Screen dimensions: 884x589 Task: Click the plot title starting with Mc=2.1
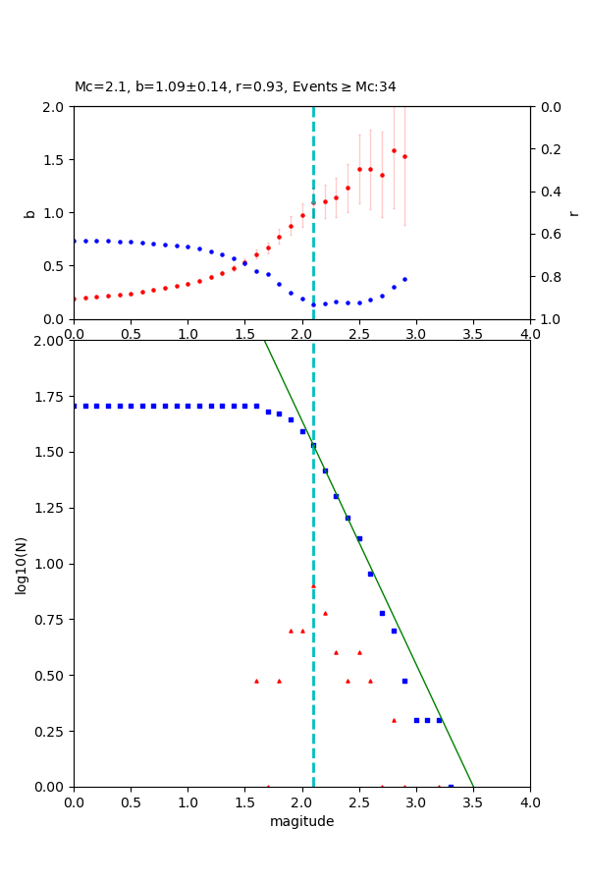click(236, 87)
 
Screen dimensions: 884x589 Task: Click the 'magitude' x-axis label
click(301, 821)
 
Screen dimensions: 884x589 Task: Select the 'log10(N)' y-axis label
click(22, 564)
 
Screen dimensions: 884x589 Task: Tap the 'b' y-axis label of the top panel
click(29, 213)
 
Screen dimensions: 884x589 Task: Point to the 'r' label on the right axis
click(574, 213)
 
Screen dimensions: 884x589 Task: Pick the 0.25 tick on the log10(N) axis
click(52, 731)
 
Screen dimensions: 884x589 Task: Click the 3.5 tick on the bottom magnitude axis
click(473, 801)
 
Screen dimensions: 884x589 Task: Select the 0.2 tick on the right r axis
click(545, 149)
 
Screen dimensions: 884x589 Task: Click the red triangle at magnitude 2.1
click(313, 586)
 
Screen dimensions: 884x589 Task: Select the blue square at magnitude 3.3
click(451, 786)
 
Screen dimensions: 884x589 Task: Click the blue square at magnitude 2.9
click(404, 680)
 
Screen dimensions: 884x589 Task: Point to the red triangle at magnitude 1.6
click(256, 681)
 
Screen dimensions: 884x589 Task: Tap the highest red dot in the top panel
click(394, 150)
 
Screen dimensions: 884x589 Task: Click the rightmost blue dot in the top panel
click(404, 279)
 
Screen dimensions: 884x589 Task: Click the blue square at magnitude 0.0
click(75, 406)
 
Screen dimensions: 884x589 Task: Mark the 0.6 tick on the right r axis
click(545, 234)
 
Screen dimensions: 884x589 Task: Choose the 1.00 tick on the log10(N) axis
click(52, 564)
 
